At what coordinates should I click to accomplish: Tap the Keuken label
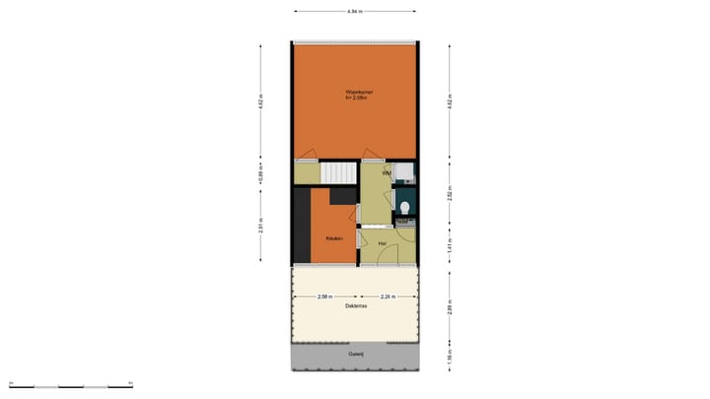coord(334,238)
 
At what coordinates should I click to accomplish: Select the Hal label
coord(381,242)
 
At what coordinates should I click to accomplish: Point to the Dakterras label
coord(357,306)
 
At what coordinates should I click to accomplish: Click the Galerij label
coord(356,353)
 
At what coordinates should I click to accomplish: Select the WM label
coord(387,173)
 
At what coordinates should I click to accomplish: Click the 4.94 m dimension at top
coord(355,12)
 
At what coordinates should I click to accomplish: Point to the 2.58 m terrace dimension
coord(325,297)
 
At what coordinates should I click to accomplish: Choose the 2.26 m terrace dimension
coord(389,297)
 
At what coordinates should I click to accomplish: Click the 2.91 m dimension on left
coord(260,226)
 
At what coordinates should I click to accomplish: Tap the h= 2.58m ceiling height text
coord(357,99)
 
